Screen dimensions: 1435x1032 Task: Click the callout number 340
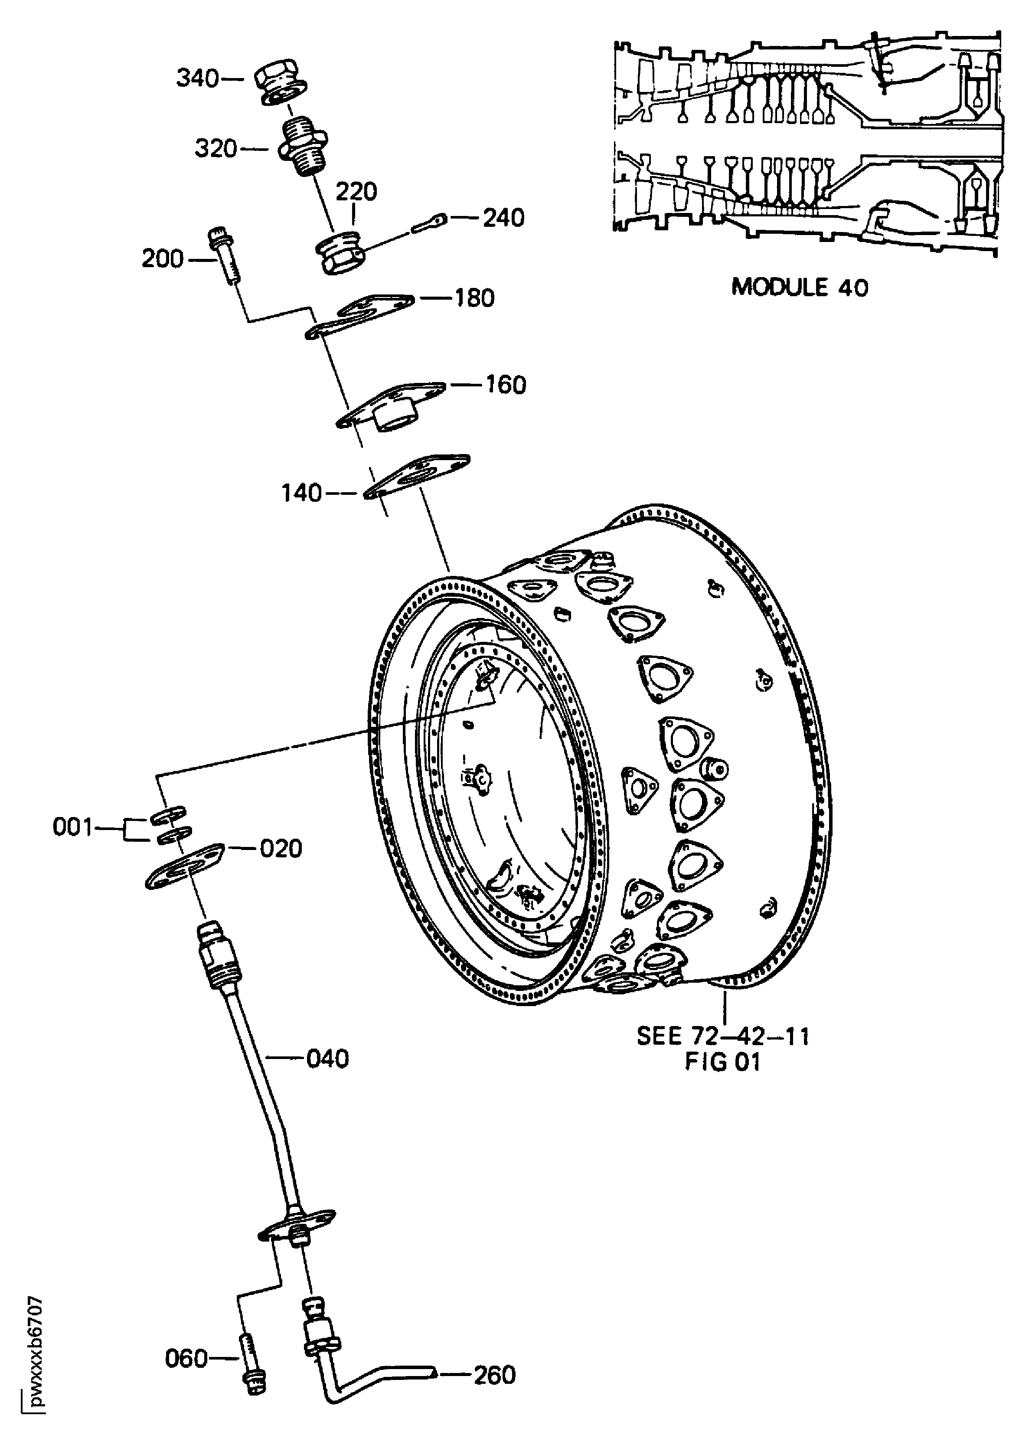point(197,79)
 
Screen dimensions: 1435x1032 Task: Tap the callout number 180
point(474,297)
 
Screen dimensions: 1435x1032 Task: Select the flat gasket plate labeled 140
point(418,477)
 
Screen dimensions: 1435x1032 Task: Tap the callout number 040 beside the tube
point(327,1059)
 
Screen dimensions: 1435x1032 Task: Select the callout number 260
point(495,1370)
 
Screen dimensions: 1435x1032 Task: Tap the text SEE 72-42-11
point(722,1036)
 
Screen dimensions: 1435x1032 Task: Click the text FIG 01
point(722,1062)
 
